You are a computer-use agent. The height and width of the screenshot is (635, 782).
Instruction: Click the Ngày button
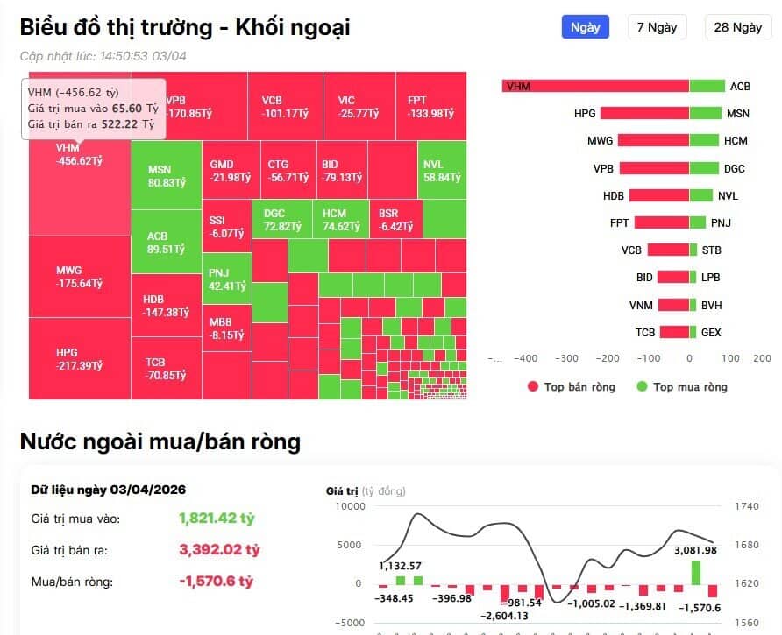click(x=585, y=27)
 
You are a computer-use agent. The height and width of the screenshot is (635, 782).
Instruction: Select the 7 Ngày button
click(x=657, y=27)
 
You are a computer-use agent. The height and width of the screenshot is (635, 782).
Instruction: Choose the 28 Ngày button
click(x=737, y=27)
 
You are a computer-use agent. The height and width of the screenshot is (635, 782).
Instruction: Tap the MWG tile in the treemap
click(x=79, y=277)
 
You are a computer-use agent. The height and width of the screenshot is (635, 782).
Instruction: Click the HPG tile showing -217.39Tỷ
click(x=79, y=358)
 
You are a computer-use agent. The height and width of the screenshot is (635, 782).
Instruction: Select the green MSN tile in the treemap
click(x=166, y=176)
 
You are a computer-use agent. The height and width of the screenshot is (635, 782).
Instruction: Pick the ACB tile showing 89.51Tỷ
click(x=166, y=243)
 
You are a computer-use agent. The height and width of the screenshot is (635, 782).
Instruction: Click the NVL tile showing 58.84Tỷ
click(x=442, y=170)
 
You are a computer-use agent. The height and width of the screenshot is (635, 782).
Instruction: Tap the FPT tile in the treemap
click(x=429, y=106)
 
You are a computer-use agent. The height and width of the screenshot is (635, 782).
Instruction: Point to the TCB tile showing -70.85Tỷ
click(x=166, y=369)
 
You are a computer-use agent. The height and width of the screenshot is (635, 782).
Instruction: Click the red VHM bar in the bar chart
click(x=595, y=86)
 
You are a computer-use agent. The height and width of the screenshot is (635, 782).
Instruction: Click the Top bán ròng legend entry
click(x=571, y=387)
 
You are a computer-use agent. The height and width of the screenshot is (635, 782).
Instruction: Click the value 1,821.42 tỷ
click(x=217, y=519)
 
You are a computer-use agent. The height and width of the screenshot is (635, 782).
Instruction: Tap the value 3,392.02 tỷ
click(x=219, y=550)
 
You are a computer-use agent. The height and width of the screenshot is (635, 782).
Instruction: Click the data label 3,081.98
click(x=694, y=550)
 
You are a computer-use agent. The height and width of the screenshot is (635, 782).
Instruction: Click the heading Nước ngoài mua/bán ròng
click(x=160, y=442)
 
